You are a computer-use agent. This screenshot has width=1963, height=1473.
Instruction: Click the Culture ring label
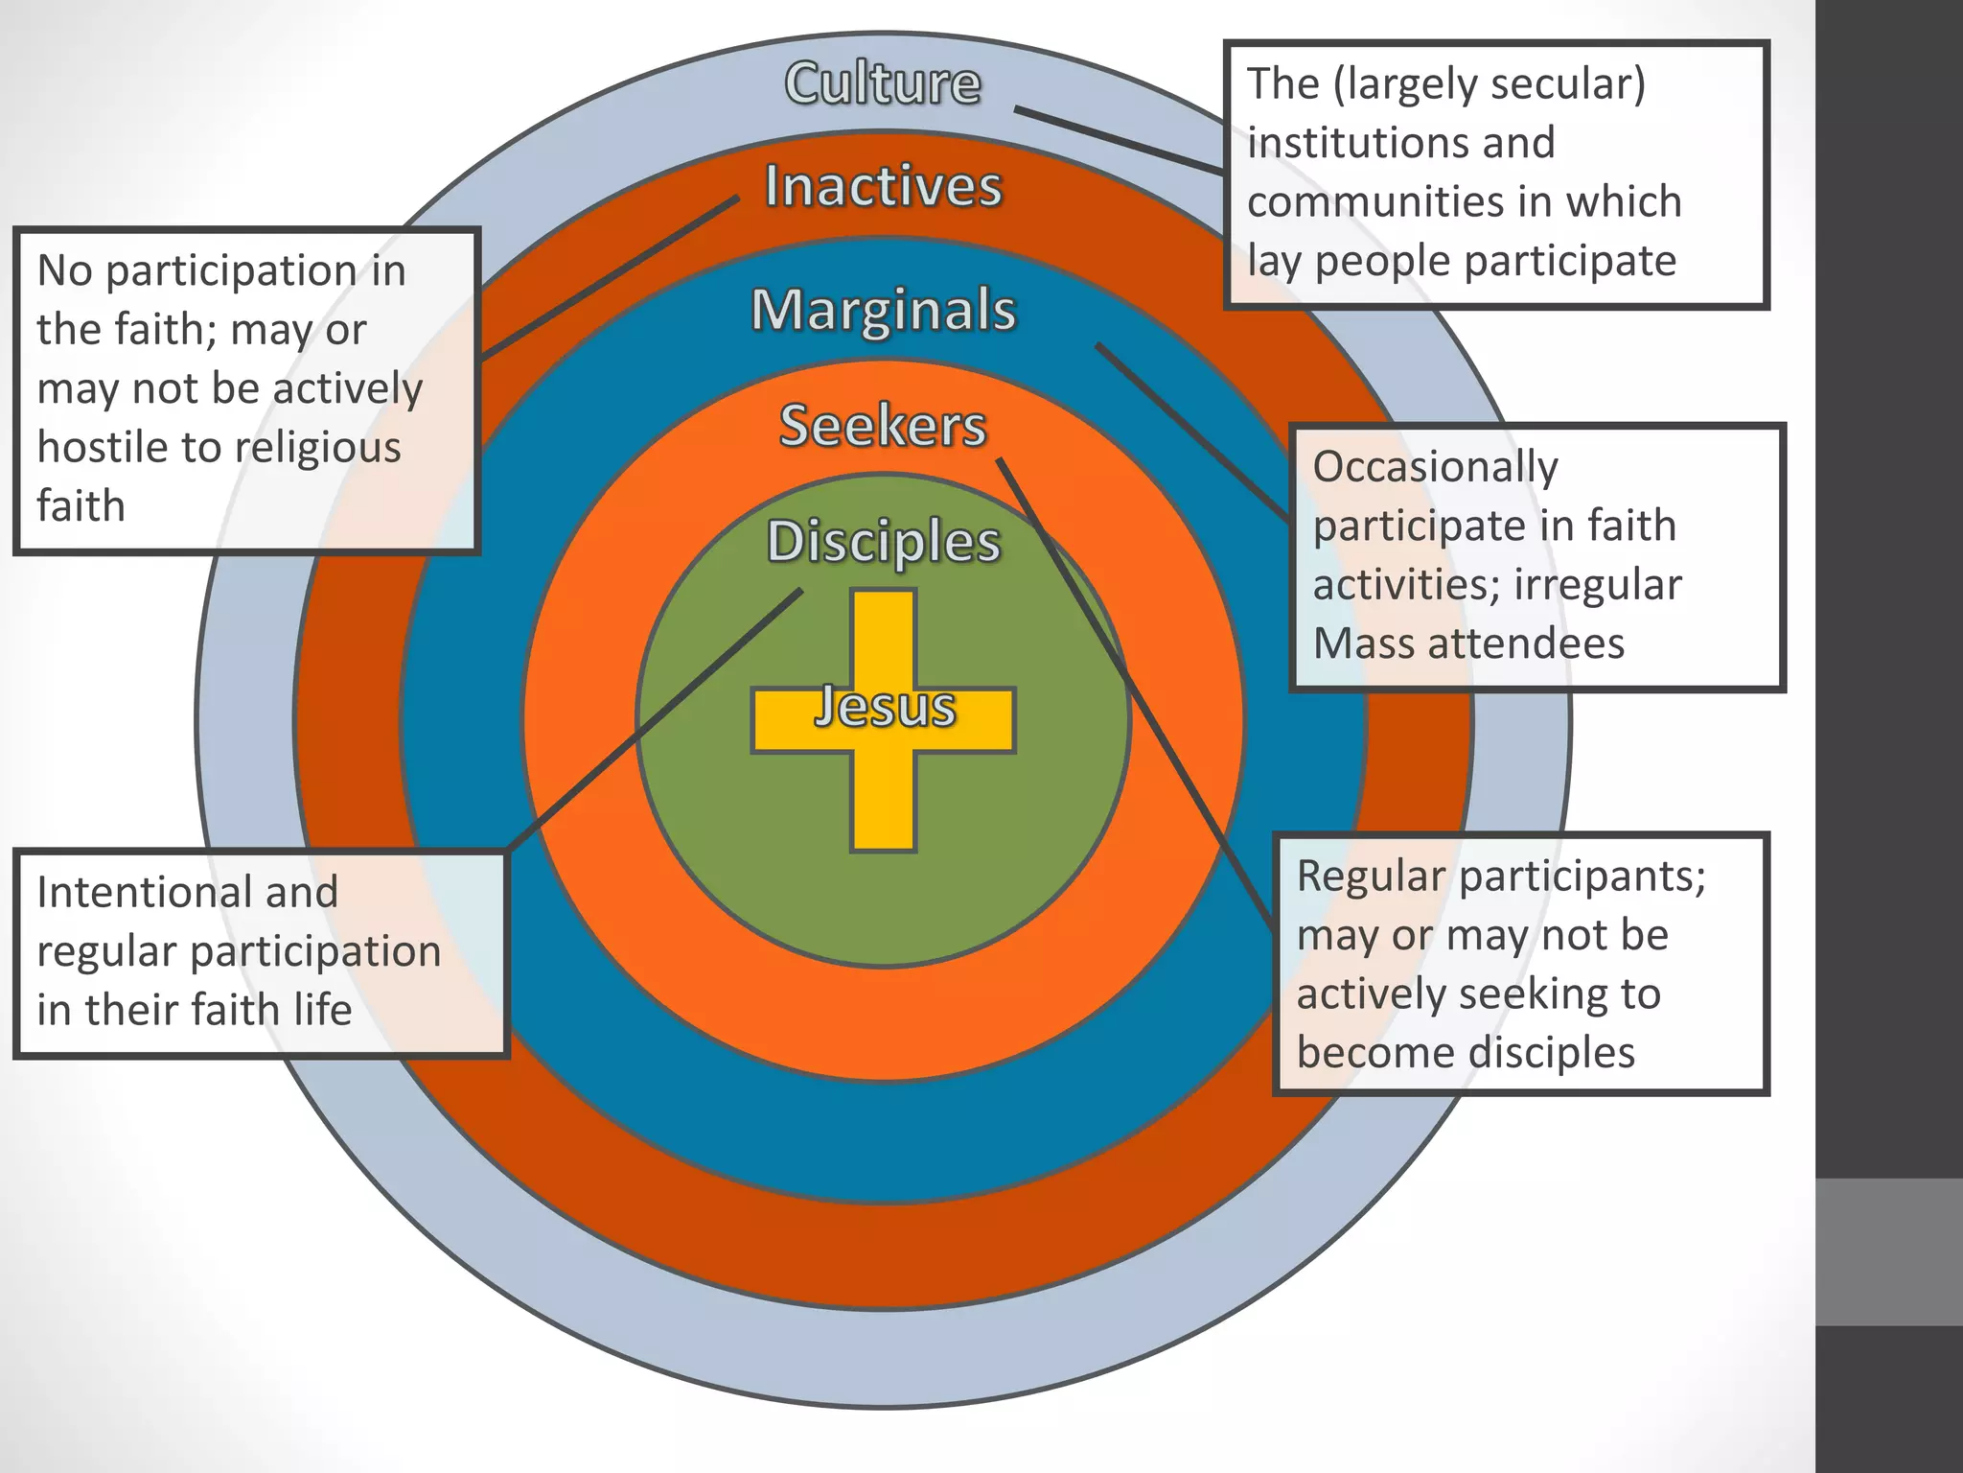tap(883, 83)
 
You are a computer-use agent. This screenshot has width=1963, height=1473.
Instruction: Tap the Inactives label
tap(883, 186)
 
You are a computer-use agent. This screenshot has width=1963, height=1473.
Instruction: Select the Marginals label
tap(883, 311)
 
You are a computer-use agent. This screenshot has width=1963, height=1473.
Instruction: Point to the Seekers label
tap(883, 426)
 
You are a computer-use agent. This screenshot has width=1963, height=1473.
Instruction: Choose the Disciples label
tap(883, 542)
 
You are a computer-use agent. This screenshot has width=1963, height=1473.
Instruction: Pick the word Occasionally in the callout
tap(1435, 468)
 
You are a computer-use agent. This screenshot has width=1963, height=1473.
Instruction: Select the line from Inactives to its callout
tap(610, 279)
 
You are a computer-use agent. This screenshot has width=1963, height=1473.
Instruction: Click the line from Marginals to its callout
tap(1193, 432)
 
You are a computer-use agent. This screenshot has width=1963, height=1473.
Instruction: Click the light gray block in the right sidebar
tap(1888, 1251)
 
